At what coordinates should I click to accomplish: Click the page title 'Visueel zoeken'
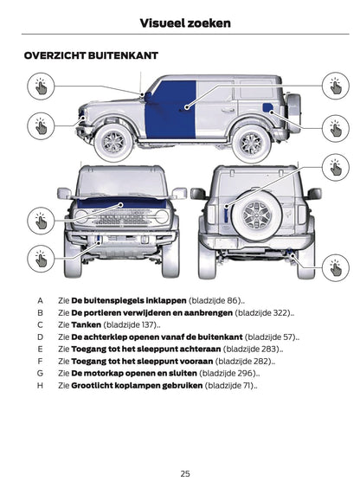(185, 22)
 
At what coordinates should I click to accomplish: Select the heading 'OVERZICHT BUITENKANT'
(91, 55)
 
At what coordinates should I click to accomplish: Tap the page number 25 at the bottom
(185, 473)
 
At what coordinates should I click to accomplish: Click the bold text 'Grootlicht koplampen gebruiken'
(136, 385)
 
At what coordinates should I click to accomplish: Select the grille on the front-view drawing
(121, 216)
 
